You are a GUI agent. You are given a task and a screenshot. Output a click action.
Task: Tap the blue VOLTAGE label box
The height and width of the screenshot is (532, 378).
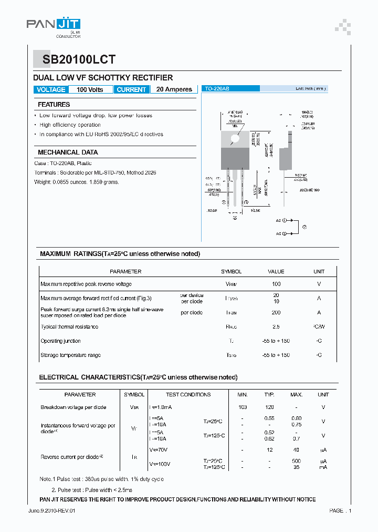(51, 89)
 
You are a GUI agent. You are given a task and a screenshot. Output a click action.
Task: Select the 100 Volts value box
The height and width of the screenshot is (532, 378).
(90, 89)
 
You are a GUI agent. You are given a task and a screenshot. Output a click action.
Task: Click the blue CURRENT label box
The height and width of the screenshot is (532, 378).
(131, 89)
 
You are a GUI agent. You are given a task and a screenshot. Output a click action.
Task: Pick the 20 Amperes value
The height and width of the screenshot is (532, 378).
(174, 89)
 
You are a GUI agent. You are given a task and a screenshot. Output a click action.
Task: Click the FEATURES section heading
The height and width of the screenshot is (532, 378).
(54, 105)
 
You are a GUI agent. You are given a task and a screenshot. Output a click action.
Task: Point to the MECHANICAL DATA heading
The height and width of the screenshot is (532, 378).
(68, 152)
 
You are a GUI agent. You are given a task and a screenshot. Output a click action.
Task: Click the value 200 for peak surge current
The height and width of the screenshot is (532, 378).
(276, 312)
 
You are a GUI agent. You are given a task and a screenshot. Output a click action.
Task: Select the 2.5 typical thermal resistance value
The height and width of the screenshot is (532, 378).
(276, 327)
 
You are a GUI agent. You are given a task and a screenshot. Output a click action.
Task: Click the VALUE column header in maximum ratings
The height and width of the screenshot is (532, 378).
(276, 272)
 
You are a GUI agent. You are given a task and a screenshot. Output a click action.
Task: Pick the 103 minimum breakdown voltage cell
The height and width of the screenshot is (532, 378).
(242, 407)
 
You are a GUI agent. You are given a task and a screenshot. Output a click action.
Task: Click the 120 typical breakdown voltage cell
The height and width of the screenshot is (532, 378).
(269, 407)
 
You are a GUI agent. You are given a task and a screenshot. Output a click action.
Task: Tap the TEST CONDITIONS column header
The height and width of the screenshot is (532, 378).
(188, 394)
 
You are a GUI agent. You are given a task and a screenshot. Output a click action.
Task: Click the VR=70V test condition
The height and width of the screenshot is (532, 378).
(159, 449)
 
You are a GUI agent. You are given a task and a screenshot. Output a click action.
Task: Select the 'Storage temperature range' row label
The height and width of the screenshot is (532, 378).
(71, 355)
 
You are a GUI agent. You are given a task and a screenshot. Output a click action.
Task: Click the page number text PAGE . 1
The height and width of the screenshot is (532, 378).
(340, 511)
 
